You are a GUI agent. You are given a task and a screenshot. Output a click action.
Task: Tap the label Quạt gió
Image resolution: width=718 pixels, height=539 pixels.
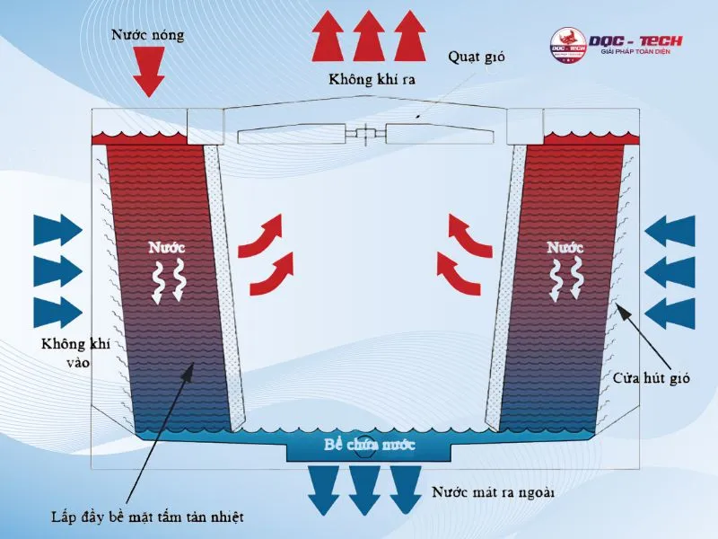pyautogui.click(x=477, y=57)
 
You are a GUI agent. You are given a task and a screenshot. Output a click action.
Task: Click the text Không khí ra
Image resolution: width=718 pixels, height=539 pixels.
pyautogui.click(x=372, y=79)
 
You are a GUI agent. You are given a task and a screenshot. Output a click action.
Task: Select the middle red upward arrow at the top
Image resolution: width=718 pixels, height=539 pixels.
pyautogui.click(x=369, y=36)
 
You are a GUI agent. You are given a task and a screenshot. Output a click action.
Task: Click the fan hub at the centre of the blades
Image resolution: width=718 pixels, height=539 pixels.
pyautogui.click(x=366, y=133)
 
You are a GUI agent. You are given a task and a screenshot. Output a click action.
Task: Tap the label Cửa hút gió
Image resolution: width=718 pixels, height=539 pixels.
pyautogui.click(x=652, y=378)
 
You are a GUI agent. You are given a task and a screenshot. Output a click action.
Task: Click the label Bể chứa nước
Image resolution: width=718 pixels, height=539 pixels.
pyautogui.click(x=369, y=445)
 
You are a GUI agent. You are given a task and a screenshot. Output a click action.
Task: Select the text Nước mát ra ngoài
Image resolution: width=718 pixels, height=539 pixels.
pyautogui.click(x=493, y=492)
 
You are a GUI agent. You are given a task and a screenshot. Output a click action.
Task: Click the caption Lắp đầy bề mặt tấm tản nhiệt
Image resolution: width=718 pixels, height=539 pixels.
pyautogui.click(x=147, y=517)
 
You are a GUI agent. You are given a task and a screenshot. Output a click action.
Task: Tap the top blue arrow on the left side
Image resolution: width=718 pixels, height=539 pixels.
pyautogui.click(x=58, y=230)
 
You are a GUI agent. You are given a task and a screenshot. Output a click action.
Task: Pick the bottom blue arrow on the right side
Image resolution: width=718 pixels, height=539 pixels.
pyautogui.click(x=670, y=314)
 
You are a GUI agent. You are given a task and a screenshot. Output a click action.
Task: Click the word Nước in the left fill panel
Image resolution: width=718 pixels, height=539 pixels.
pyautogui.click(x=167, y=248)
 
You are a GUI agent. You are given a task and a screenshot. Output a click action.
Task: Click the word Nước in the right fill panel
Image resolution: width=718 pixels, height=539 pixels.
pyautogui.click(x=565, y=248)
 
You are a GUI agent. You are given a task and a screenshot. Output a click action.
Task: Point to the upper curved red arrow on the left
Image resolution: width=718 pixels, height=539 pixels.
pyautogui.click(x=260, y=235)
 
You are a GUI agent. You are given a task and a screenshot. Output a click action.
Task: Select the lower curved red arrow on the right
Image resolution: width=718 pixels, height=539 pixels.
pyautogui.click(x=459, y=273)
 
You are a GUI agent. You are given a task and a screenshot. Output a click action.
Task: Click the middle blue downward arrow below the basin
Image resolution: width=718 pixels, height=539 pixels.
pyautogui.click(x=364, y=490)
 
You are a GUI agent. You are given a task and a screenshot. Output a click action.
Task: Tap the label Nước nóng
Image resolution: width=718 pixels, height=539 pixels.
pyautogui.click(x=148, y=35)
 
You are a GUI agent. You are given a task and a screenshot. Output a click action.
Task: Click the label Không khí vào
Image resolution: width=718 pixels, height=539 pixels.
pyautogui.click(x=76, y=353)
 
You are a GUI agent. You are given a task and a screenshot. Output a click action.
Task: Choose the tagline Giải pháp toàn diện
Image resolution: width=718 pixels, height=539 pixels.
pyautogui.click(x=635, y=52)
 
